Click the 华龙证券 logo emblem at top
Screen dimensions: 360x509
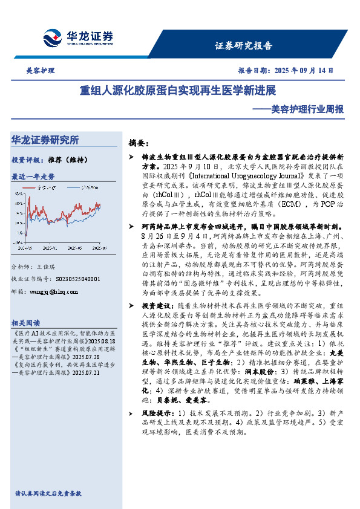52,37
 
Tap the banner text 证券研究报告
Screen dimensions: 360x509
244,46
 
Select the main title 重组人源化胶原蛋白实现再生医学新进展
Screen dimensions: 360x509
178,91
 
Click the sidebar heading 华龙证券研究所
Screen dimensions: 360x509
45,140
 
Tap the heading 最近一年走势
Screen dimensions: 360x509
33,177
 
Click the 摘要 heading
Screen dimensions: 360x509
139,143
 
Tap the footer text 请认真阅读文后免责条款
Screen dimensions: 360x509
48,494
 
